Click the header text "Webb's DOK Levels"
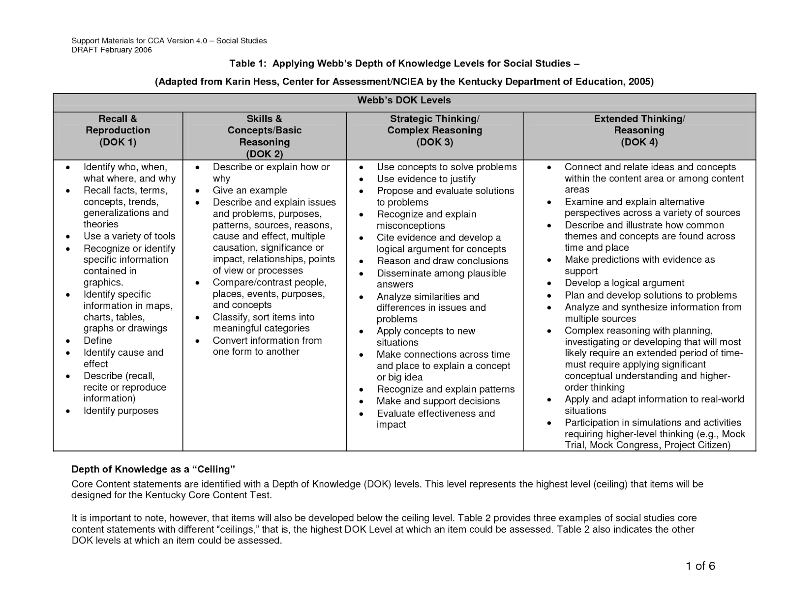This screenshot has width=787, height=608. [404, 100]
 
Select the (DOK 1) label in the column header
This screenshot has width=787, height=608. [118, 142]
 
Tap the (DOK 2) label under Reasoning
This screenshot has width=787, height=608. [264, 154]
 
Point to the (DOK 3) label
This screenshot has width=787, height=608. [434, 142]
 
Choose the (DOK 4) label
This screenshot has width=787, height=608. [639, 142]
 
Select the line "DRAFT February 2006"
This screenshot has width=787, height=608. [112, 50]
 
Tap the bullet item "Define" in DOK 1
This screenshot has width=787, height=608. [98, 340]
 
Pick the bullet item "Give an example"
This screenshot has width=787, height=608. [249, 190]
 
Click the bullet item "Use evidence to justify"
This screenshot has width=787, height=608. [426, 179]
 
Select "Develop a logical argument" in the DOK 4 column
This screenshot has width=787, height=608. [624, 283]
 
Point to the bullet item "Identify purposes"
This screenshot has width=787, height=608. [121, 411]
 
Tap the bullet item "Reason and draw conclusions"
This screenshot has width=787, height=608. [442, 261]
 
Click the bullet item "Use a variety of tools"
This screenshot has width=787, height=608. [129, 236]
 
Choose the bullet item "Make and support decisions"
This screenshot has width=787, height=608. [438, 401]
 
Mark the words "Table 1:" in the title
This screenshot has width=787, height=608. [248, 63]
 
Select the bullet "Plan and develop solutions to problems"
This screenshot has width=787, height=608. [650, 295]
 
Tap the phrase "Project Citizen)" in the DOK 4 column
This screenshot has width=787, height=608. [697, 445]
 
